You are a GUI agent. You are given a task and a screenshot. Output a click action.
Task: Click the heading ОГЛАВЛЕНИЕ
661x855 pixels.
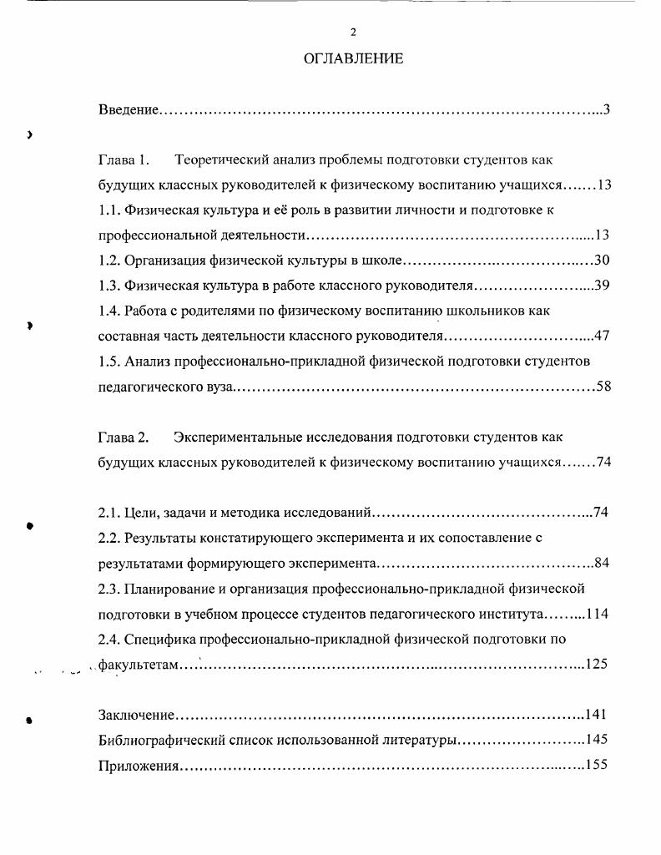353,58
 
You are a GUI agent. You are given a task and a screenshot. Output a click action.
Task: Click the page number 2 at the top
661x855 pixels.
353,32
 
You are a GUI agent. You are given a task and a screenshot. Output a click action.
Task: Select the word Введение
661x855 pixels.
128,109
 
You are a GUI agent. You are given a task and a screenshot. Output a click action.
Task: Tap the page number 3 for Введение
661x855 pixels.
607,109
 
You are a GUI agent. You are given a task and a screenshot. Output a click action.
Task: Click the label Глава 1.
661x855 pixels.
123,159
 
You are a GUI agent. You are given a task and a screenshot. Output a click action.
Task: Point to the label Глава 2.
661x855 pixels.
123,437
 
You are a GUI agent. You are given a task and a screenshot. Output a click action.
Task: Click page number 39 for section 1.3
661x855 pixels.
603,286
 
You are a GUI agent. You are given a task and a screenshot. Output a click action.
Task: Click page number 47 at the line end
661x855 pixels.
603,336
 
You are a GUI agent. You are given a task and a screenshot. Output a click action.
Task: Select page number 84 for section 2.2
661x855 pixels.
602,563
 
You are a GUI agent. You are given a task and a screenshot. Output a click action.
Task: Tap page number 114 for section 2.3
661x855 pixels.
598,614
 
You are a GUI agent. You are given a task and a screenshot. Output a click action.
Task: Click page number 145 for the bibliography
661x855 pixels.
598,740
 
